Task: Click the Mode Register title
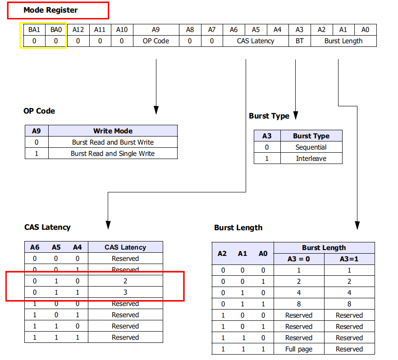coord(50,10)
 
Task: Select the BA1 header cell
coord(34,30)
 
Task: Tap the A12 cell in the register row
coord(78,30)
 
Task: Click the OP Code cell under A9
coord(156,41)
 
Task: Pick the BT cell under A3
coord(299,41)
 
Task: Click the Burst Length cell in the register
coord(343,41)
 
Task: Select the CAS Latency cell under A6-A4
coord(256,41)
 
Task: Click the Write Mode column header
coord(113,131)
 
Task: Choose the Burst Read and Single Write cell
coord(113,154)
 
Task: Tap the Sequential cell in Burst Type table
coord(311,147)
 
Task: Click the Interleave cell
coord(311,159)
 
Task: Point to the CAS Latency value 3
coord(125,292)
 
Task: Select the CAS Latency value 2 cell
coord(125,281)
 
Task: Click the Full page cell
coord(299,349)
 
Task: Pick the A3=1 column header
coord(349,259)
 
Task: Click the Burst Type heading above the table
coord(269,116)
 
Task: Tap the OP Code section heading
coord(39,111)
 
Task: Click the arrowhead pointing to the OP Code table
coord(156,110)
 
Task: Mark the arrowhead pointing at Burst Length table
coord(357,225)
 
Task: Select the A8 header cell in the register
coord(190,30)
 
